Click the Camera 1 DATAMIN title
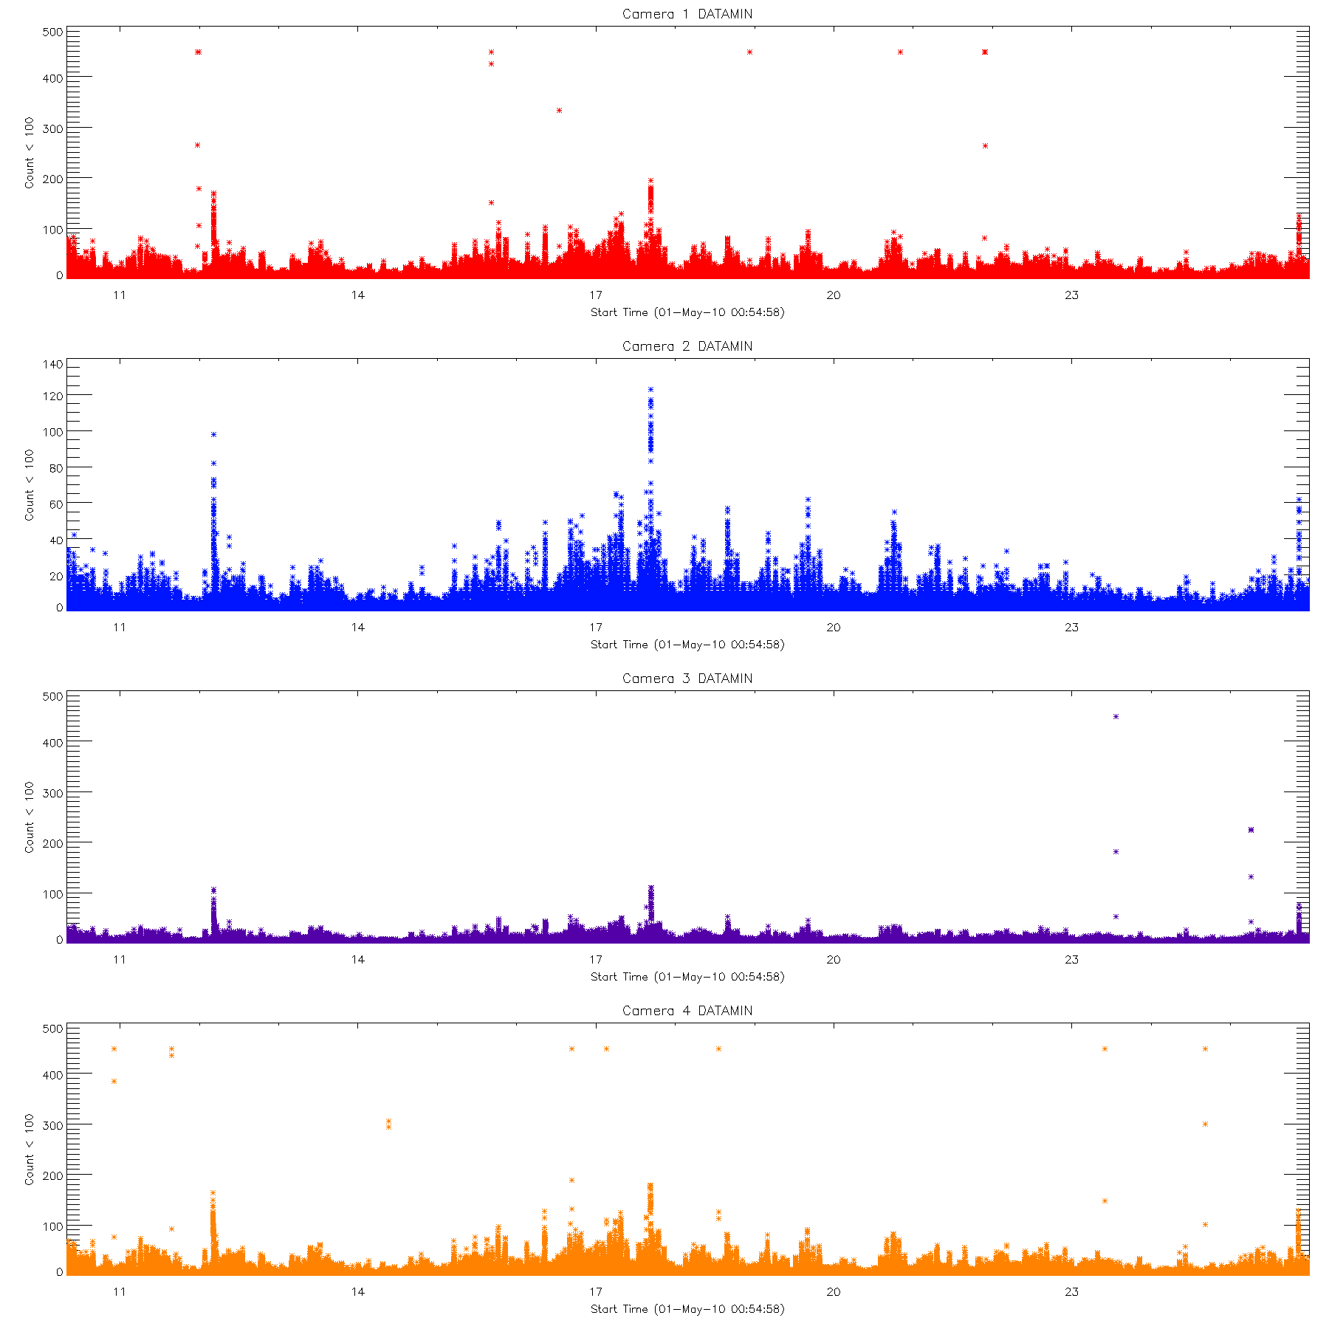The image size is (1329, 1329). pos(687,14)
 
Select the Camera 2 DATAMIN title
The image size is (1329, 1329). pos(687,346)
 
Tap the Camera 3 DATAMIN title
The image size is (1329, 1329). pos(687,679)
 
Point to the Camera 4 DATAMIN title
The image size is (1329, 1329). pos(687,1011)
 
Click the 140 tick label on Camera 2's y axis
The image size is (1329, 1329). pos(53,364)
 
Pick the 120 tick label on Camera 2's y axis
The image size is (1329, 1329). pos(53,396)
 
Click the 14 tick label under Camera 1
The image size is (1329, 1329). pos(357,295)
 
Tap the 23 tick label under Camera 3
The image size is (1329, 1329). pos(1071,960)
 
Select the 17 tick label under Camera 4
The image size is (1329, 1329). pos(595,1292)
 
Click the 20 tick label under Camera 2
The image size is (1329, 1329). pos(833,628)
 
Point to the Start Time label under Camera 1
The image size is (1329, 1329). pos(687,312)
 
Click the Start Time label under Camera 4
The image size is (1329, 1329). pos(687,1309)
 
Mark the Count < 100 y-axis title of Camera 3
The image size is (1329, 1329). pos(30,817)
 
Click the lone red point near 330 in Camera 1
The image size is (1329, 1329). pos(559,111)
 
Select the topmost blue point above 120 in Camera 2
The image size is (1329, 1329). pos(650,389)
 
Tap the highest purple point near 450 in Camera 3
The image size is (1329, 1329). pos(1116,716)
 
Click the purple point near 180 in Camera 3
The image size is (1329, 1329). pos(1116,851)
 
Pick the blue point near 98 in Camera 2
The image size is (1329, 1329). pos(213,434)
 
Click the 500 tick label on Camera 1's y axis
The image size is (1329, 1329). pos(53,32)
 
